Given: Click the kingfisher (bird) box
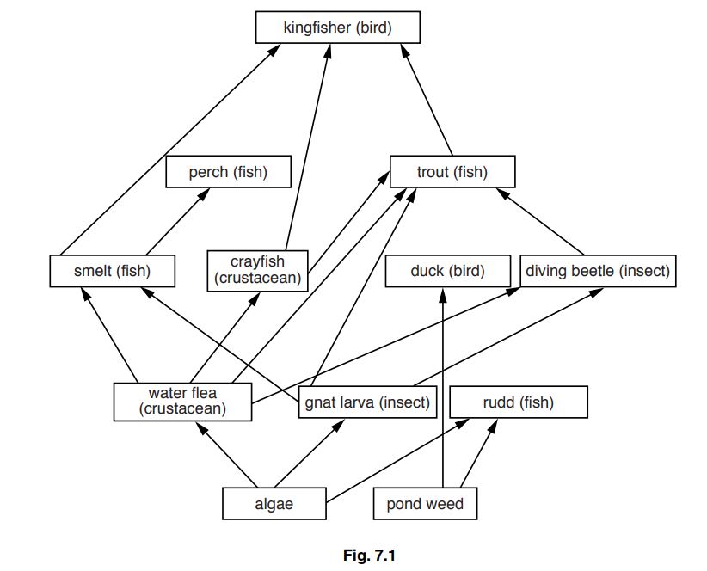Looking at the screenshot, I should (x=337, y=28).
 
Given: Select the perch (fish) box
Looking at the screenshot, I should (x=228, y=172).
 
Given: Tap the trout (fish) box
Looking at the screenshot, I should (x=452, y=172).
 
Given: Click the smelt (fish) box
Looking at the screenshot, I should (x=113, y=271).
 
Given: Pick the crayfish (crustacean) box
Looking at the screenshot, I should (x=257, y=270).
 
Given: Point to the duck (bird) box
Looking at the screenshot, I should (x=447, y=271).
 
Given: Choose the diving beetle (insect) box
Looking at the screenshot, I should (x=597, y=271).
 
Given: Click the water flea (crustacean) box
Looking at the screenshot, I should (x=182, y=402).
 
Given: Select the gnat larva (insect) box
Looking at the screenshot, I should (x=366, y=402).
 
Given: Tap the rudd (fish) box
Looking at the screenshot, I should (x=519, y=402).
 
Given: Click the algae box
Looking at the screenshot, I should (x=274, y=504).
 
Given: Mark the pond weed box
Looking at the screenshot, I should (x=425, y=504).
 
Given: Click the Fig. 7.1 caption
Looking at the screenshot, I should (x=368, y=556).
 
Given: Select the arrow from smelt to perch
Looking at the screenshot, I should (x=176, y=223).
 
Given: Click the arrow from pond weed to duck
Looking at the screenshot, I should (x=443, y=387).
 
